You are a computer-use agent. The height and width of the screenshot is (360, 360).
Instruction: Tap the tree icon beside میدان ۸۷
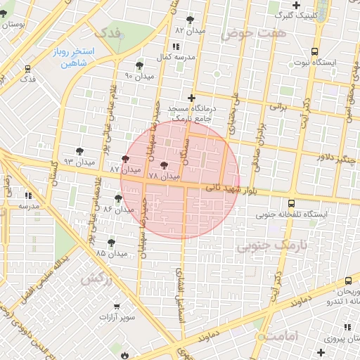click(125, 160)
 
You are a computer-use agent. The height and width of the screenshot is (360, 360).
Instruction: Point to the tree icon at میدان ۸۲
click(190, 20)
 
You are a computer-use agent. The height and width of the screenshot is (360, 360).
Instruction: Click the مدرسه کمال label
click(174, 56)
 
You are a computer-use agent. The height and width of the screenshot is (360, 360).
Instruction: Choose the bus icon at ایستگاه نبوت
click(314, 51)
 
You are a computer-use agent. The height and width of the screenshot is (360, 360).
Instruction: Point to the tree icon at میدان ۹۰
click(139, 65)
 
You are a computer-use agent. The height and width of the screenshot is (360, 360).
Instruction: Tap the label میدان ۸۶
click(118, 209)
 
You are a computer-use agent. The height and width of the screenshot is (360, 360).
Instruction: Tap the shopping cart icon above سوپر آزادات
click(116, 307)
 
